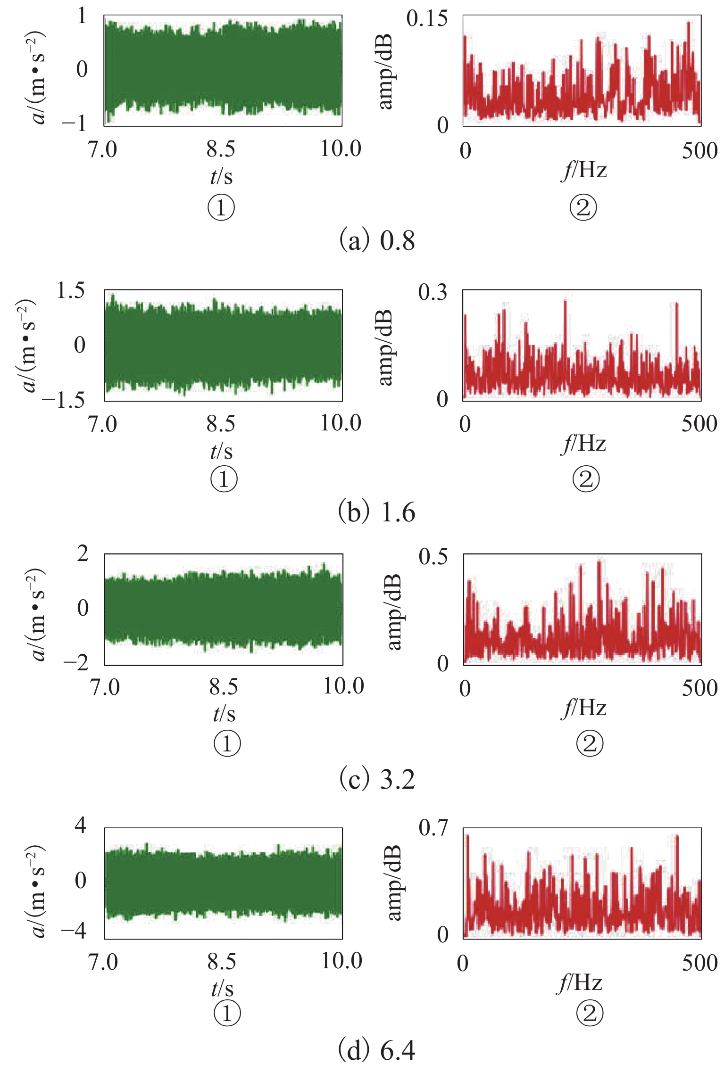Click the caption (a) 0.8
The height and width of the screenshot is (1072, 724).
(x=377, y=241)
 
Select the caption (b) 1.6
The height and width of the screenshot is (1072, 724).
(x=377, y=512)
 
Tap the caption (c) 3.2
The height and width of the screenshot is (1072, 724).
(x=377, y=779)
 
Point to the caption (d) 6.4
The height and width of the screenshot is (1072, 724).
(x=377, y=1051)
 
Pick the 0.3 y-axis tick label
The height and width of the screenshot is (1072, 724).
(x=433, y=292)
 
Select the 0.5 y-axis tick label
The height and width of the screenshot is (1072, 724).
(x=433, y=556)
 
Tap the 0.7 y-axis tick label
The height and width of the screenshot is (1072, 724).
(x=433, y=828)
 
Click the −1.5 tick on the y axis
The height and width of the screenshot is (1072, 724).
(x=63, y=400)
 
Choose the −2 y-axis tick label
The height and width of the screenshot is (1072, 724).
(x=75, y=664)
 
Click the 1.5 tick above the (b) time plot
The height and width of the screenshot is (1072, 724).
(x=71, y=290)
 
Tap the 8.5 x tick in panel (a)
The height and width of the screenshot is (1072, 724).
(x=220, y=149)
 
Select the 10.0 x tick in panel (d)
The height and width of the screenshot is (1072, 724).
(x=341, y=961)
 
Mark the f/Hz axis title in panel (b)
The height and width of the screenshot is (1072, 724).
(x=583, y=443)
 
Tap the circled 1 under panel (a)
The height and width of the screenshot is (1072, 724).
(x=221, y=208)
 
